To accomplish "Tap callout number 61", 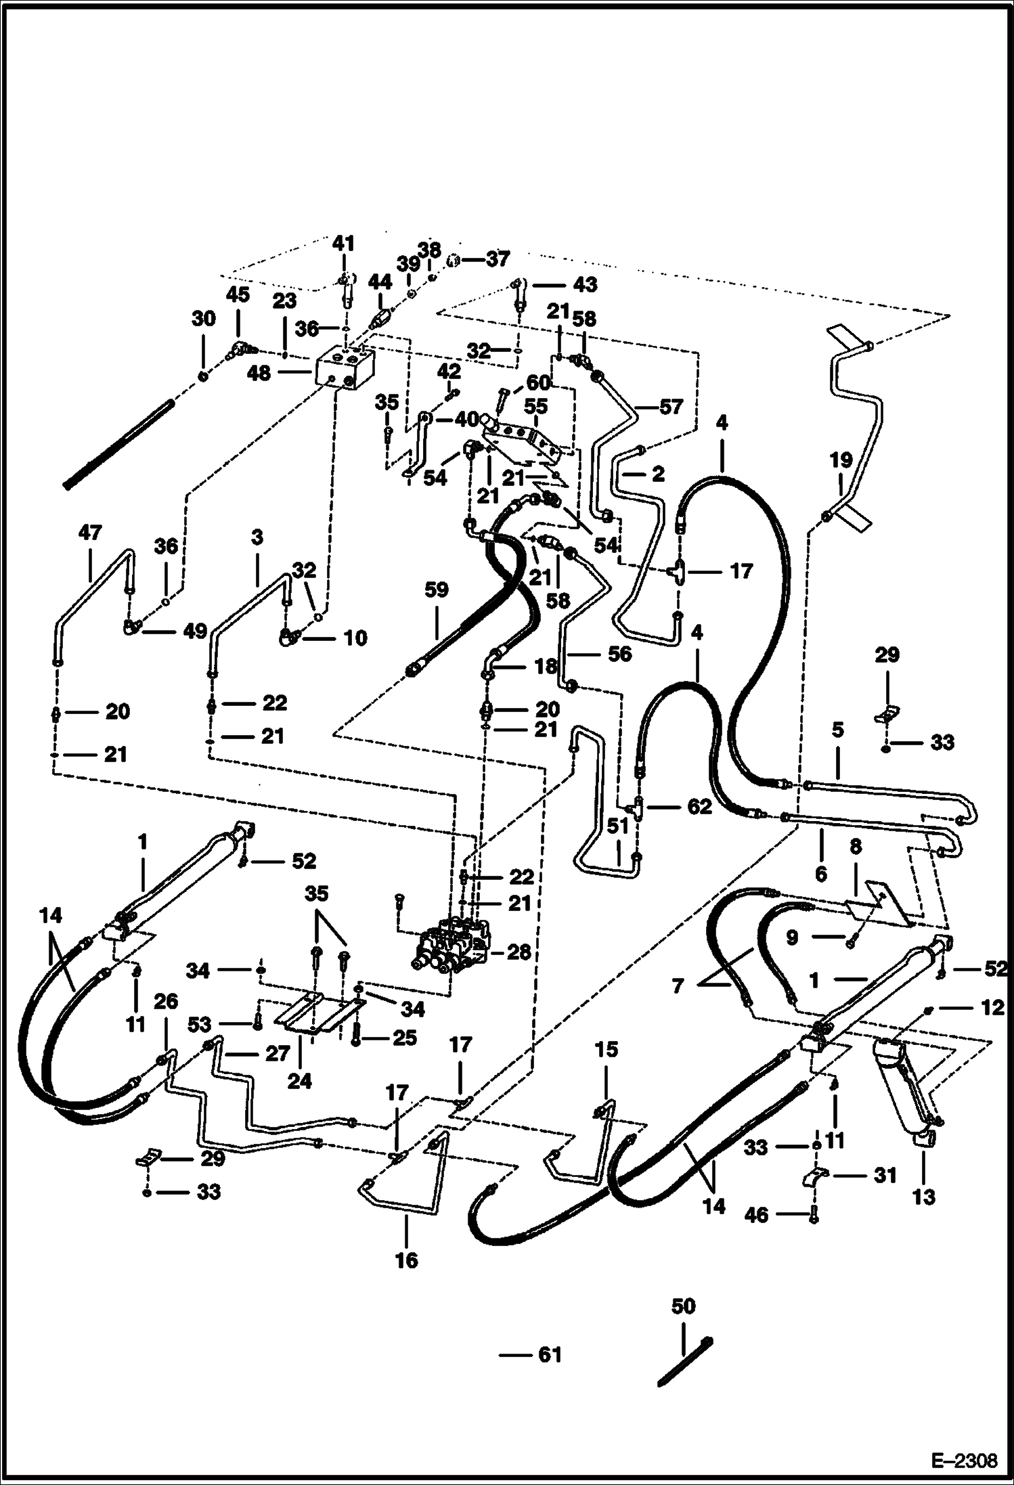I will pos(549,1355).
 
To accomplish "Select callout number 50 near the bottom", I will pos(683,1306).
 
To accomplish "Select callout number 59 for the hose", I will pos(436,590).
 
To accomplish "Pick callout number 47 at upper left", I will pos(89,533).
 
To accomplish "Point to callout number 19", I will pos(841,462).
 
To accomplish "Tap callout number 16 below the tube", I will pos(406,1260).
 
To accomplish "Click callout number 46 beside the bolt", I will pos(756,1215).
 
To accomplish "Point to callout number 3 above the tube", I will pos(257,538).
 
